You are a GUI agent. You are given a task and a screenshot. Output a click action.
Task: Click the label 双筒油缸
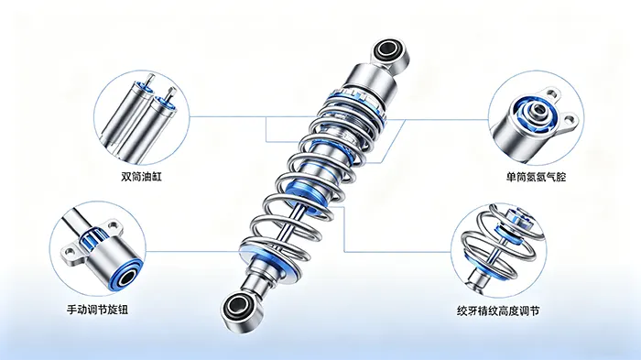[x=141, y=177]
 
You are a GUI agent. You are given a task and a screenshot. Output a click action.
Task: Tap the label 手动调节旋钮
[x=98, y=310]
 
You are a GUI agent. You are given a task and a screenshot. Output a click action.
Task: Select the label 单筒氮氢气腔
[x=536, y=177]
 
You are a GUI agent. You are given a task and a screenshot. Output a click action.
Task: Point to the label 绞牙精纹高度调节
[x=498, y=311]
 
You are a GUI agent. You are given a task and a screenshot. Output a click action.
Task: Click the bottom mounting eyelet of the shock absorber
[x=241, y=308]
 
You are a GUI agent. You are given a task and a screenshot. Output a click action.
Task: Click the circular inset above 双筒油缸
[x=141, y=116]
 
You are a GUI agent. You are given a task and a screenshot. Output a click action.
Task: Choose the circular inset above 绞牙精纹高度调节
[x=499, y=252]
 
